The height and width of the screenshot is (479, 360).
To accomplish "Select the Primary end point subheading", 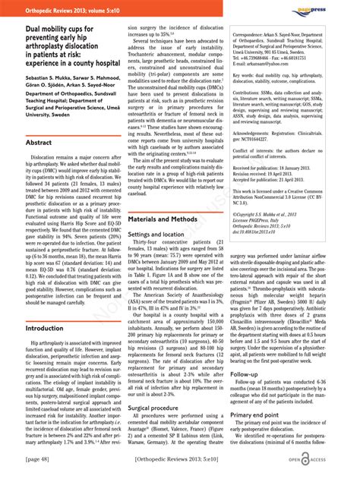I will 261,414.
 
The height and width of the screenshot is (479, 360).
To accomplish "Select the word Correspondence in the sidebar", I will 254,35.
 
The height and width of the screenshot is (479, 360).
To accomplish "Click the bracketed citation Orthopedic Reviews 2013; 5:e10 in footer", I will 179,460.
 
